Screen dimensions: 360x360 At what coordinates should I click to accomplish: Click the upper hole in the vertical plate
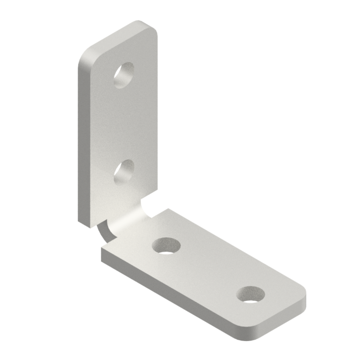[124, 75]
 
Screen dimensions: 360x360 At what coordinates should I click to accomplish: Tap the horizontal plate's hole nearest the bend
[166, 245]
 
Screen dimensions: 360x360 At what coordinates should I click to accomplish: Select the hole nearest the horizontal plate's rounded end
[250, 295]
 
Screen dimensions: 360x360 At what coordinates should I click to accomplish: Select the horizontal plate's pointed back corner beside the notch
[168, 210]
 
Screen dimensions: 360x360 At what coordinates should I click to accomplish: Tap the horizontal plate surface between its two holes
[207, 271]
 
